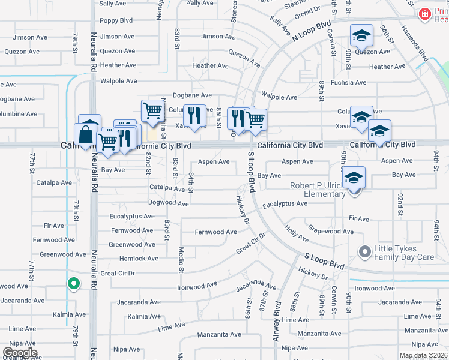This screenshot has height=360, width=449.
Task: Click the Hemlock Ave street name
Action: tap(139, 259)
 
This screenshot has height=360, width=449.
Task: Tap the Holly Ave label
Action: tap(297, 234)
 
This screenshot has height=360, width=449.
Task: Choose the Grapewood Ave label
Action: tap(330, 231)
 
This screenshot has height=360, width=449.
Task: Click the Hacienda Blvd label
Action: tap(415, 43)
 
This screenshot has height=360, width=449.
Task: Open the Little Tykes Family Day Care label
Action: tap(404, 253)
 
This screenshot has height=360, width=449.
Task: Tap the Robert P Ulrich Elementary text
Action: tap(316, 190)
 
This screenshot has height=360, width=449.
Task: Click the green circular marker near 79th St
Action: tap(74, 283)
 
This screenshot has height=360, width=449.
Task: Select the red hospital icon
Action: tap(424, 13)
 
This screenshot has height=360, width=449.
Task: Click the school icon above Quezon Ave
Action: tap(361, 36)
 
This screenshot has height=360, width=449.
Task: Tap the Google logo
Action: tap(20, 353)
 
